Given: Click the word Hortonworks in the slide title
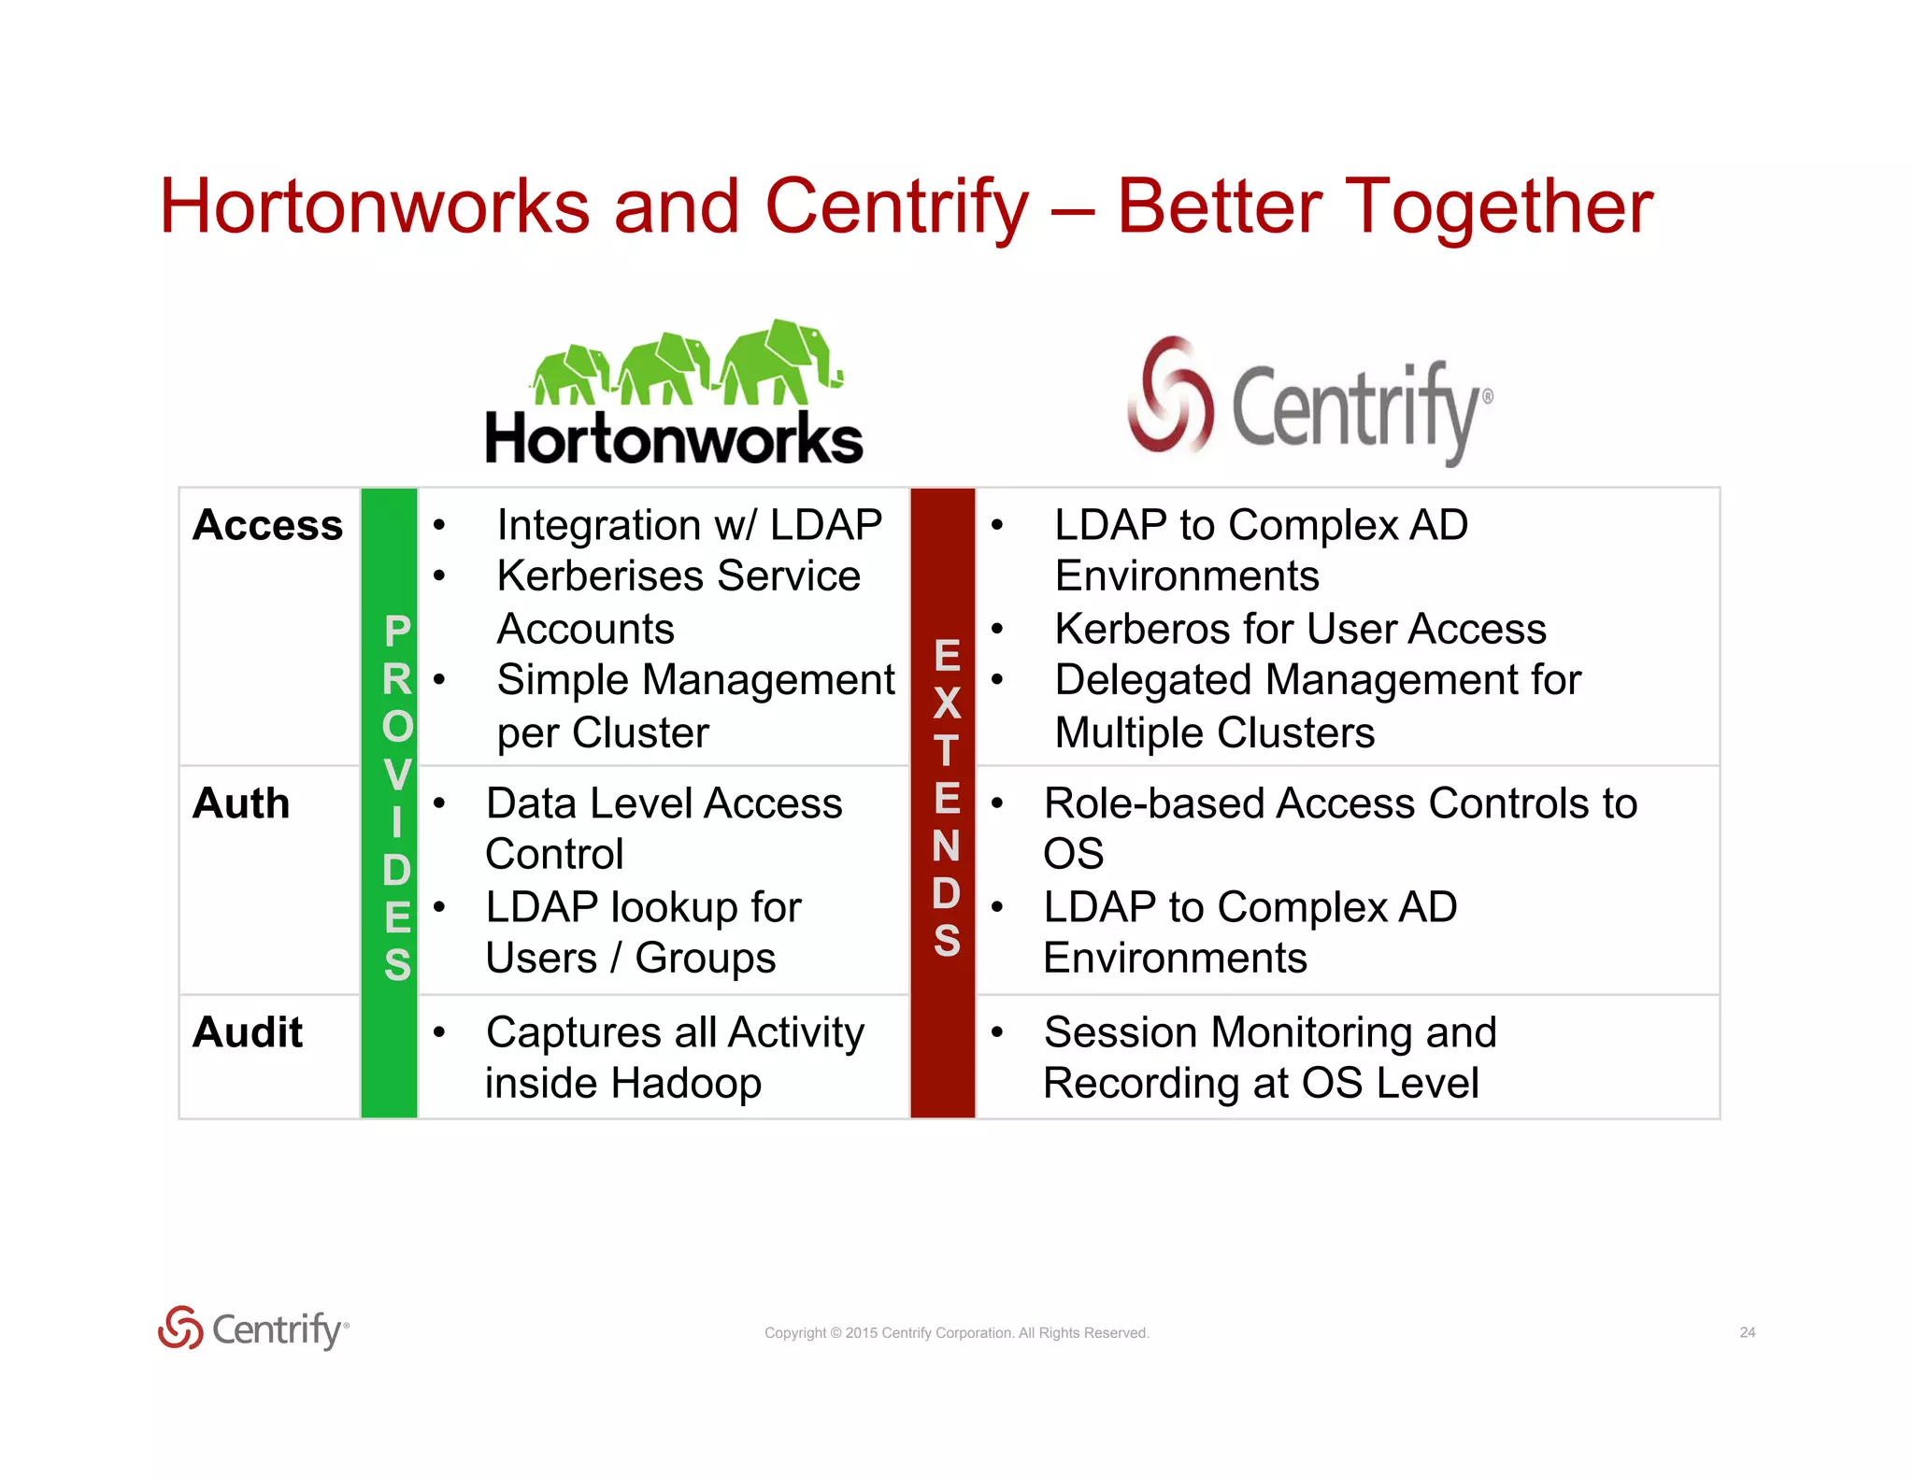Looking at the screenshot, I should [374, 206].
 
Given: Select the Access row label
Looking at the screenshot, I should [267, 525].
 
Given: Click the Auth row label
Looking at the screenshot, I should [241, 803].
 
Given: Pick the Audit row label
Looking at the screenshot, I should [248, 1032].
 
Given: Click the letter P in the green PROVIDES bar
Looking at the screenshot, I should [397, 632].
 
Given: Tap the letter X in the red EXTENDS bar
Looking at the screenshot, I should [947, 703].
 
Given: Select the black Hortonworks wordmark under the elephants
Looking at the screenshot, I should [674, 439].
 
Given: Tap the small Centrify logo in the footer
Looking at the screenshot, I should [253, 1329].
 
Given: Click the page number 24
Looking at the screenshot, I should [1747, 1332].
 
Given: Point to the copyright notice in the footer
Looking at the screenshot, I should [956, 1333].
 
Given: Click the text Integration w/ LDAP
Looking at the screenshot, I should [689, 525].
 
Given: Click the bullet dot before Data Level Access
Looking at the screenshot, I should [438, 803].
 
